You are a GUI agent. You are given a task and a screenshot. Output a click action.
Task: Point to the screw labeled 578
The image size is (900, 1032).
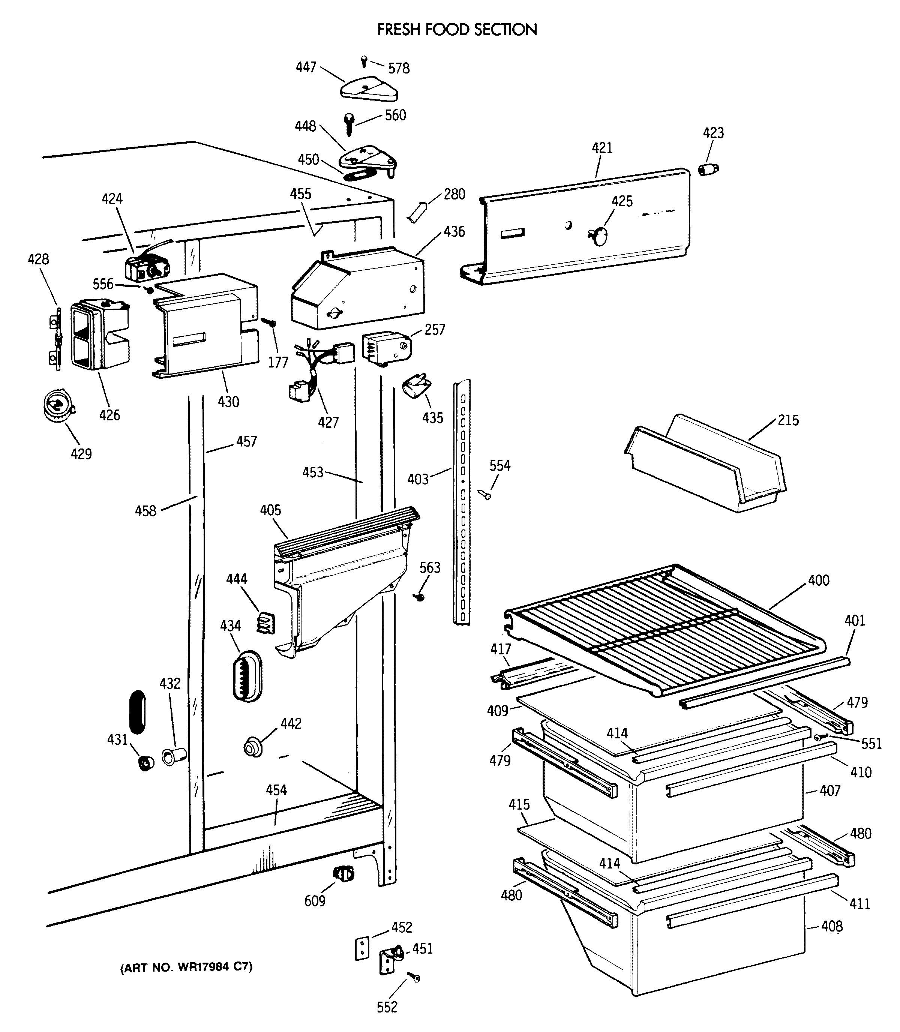point(364,61)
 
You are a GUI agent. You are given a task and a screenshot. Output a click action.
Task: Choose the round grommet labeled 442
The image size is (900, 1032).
point(253,747)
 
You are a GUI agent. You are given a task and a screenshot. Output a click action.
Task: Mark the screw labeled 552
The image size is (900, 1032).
point(414,977)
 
